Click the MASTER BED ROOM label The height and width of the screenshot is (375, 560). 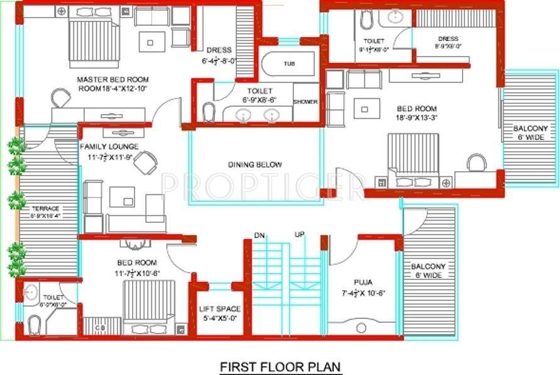[113, 80]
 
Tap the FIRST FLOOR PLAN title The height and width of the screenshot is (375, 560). [280, 366]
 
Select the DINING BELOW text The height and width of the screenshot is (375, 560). [255, 165]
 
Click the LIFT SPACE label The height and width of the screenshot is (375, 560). [219, 309]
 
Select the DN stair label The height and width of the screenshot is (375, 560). [259, 235]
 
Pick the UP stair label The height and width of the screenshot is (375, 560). [299, 235]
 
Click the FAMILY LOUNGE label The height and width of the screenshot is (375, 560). [109, 147]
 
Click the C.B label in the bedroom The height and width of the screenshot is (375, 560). [99, 327]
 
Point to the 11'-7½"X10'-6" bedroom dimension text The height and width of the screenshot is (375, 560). [137, 273]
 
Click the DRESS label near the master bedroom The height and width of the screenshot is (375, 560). [217, 50]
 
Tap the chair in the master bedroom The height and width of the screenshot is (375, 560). [61, 98]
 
